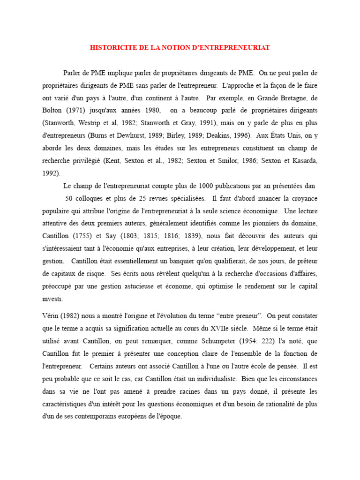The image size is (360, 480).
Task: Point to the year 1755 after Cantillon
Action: [89, 235]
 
